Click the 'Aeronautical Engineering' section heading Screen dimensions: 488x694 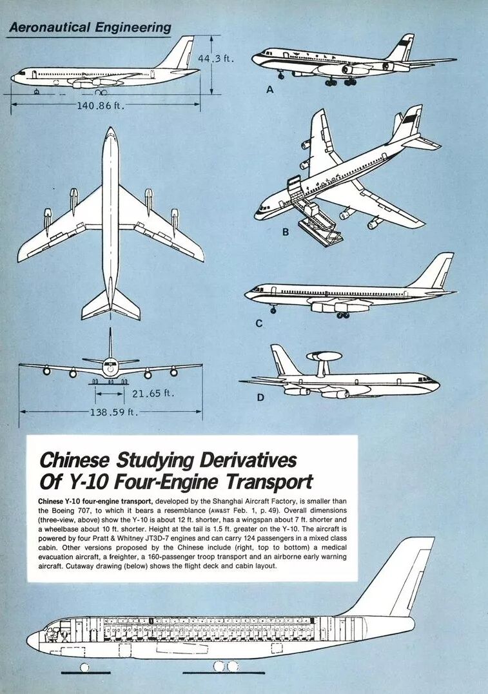90,27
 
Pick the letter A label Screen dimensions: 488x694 270,90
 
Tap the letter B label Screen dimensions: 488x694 286,232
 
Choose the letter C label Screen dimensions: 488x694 259,323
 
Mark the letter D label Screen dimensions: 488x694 260,397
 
